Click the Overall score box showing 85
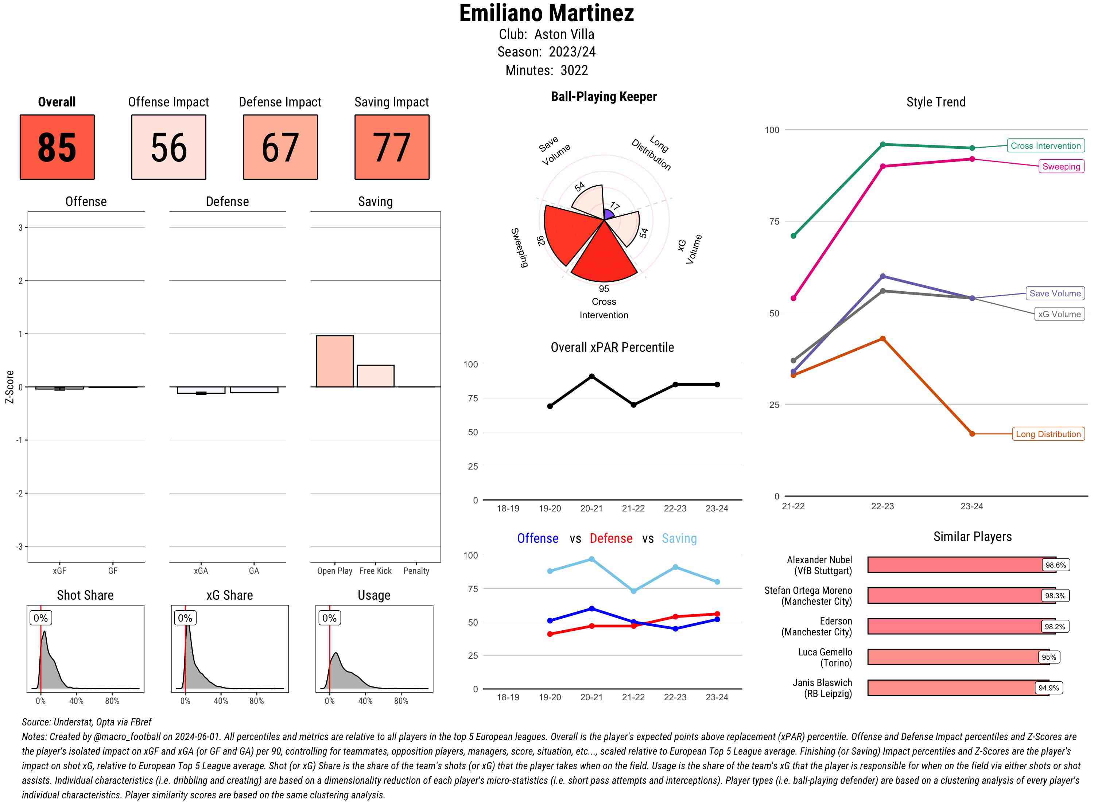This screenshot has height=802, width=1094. coord(57,147)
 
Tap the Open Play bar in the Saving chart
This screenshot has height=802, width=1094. coord(334,361)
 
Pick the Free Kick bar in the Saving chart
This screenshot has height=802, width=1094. coord(375,376)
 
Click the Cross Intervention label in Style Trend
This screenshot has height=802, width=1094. coord(1045,146)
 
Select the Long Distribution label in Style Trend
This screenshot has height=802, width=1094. coord(1048,434)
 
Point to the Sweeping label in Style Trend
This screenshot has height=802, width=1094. coord(1060,167)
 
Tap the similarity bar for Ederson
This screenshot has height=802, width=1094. coord(954,626)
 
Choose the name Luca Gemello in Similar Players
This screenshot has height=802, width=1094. coord(825,652)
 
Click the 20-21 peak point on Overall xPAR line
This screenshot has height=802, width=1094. coord(591,376)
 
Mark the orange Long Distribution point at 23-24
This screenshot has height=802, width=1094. coord(971,433)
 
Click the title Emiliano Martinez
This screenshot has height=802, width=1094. coord(546,13)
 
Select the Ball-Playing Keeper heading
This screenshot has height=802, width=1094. coord(604,97)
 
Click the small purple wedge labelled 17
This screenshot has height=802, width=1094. coord(608,214)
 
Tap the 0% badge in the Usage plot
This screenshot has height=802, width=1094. coord(329,618)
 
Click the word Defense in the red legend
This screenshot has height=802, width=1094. coord(611,538)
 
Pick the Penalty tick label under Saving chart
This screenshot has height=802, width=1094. coord(416,571)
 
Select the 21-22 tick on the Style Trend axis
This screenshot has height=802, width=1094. coord(793,506)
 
